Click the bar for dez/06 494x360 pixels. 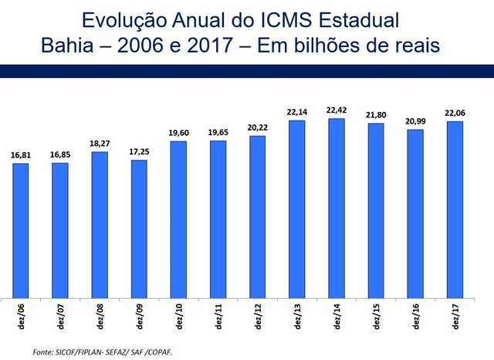pyautogui.click(x=21, y=230)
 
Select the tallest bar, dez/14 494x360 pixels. pyautogui.click(x=337, y=208)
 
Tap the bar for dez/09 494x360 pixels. pyautogui.click(x=139, y=229)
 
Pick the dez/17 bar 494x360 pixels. pyautogui.click(x=455, y=209)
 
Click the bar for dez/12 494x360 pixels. pyautogui.click(x=258, y=216)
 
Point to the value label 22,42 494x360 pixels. pyautogui.click(x=337, y=110)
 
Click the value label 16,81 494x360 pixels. pyautogui.click(x=21, y=155)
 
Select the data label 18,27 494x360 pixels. pyautogui.click(x=100, y=144)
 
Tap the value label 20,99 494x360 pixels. pyautogui.click(x=415, y=121)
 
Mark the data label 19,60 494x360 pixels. pyautogui.click(x=178, y=133)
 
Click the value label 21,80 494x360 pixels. pyautogui.click(x=376, y=115)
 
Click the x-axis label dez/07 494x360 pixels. pyautogui.click(x=60, y=317)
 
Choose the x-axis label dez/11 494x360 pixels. pyautogui.click(x=218, y=317)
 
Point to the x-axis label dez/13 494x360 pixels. pyautogui.click(x=297, y=317)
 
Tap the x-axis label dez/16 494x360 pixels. pyautogui.click(x=415, y=317)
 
